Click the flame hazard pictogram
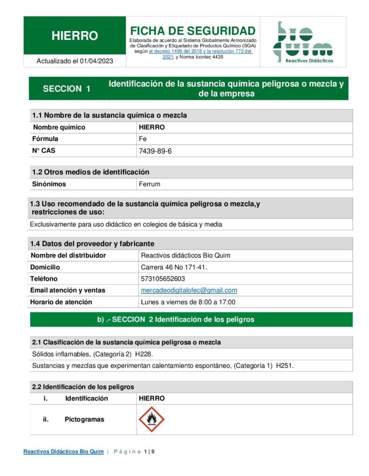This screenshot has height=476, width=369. pos(151,419)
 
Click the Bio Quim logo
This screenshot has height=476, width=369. pos(303,42)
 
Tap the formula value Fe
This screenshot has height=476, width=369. pos(143,139)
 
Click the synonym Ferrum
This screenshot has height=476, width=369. pos(150,184)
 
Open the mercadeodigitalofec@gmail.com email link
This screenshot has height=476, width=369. pos(189,291)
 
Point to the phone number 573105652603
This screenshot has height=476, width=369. pos(163,279)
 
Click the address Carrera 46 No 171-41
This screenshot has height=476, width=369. pos(174,267)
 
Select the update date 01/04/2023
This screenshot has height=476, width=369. pos(96,61)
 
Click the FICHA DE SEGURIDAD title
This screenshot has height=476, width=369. pos(192,31)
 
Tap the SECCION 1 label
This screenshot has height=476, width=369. pos(67,89)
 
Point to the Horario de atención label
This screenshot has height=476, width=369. pos(61,302)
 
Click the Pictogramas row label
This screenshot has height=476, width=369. pos(84,419)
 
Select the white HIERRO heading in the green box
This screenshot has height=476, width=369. pos(75,36)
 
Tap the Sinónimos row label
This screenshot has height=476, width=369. pos(49,184)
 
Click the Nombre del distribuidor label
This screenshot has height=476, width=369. pos(68,256)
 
